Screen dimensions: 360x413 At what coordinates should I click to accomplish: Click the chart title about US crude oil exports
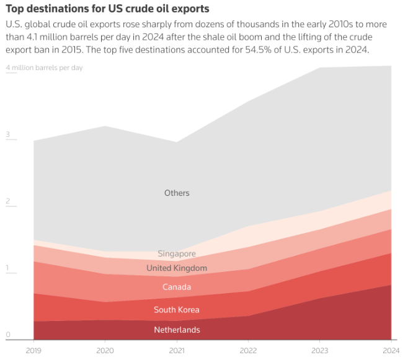107,9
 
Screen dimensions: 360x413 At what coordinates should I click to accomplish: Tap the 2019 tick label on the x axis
34,350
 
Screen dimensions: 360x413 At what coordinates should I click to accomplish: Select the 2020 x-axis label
105,350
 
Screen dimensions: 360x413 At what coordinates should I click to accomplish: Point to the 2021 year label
177,350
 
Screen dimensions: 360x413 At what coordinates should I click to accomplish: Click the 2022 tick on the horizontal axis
248,350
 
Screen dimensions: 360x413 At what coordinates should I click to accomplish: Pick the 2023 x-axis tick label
319,350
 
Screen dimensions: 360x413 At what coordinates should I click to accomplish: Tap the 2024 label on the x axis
391,350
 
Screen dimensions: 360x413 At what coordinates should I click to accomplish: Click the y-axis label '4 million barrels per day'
44,68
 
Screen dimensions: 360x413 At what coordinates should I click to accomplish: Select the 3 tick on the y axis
8,134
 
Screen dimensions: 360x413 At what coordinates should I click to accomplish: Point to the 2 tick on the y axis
8,201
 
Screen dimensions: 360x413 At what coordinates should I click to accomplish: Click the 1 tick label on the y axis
8,268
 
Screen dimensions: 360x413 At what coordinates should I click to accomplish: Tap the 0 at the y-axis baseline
8,335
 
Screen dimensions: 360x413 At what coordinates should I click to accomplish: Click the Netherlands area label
177,330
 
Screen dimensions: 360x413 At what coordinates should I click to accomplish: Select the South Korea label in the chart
177,310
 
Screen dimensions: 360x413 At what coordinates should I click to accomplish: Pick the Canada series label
177,287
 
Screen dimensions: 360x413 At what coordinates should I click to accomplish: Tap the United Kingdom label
177,268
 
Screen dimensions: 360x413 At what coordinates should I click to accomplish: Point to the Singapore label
177,253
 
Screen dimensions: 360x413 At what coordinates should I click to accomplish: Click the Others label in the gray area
177,193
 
